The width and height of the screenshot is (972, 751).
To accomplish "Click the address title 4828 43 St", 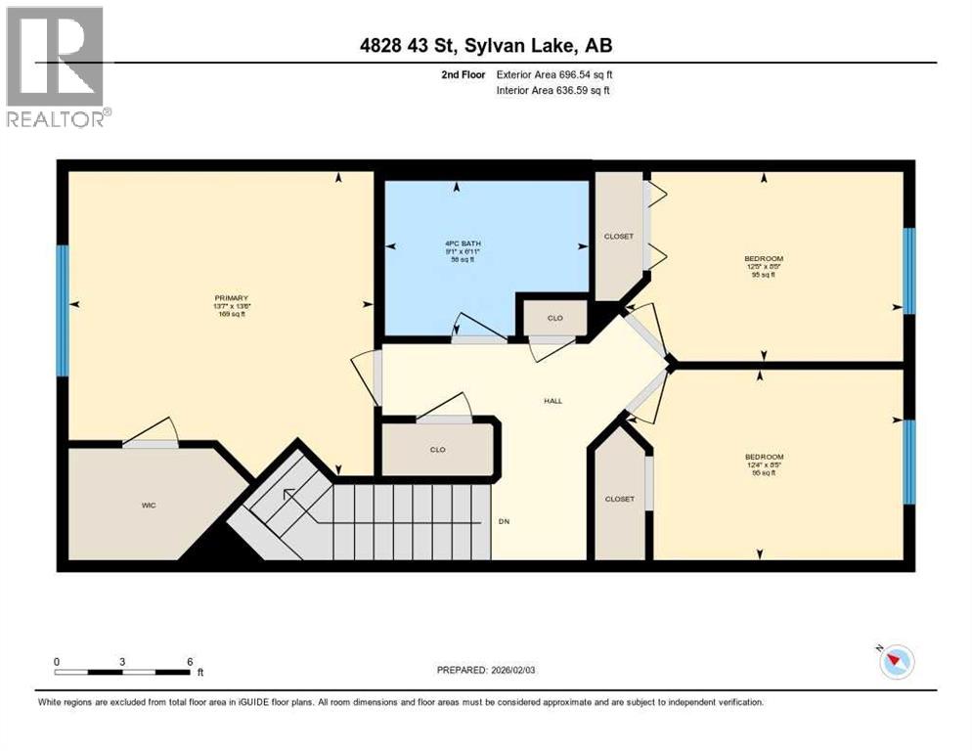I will coord(486,45).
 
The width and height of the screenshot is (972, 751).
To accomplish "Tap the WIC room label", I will coord(149,505).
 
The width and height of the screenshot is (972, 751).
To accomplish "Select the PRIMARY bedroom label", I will coord(232,298).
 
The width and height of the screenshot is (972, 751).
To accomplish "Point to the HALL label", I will coord(552,400).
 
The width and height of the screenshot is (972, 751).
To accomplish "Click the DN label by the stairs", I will coord(505,521).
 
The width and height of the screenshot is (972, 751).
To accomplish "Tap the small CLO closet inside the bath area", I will coord(554,318).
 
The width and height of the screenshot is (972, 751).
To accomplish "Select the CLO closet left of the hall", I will coord(437,450).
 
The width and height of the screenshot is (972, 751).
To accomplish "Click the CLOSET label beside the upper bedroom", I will coord(619,237).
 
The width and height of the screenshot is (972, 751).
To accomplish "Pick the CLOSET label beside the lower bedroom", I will coord(619,499).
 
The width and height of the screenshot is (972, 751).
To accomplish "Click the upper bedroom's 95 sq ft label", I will coord(763,275).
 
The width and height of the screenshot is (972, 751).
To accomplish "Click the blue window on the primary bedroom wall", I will coord(63,310).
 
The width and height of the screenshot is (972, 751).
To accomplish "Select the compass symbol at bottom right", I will coord(895,662).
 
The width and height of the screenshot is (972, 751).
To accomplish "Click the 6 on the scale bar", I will coord(189,662).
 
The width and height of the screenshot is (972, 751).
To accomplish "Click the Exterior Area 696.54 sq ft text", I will coord(554,74).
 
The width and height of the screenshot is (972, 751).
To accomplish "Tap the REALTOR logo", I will coord(56,66).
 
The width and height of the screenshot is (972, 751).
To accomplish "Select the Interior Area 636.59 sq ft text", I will coord(554,91).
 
